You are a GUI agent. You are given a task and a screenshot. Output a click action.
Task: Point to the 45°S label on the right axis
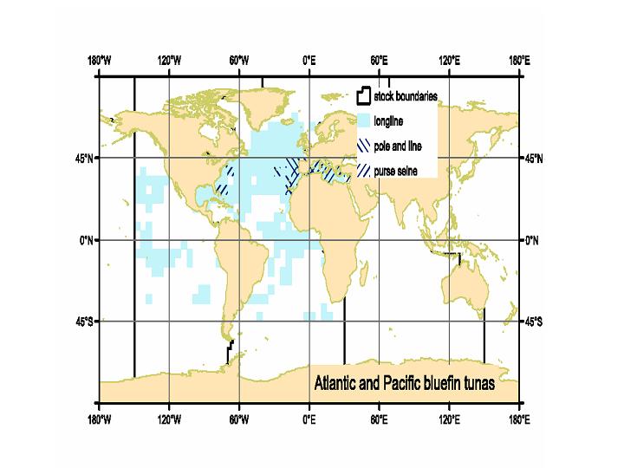tap(534, 322)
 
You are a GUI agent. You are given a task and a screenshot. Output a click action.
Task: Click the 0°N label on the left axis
tap(87, 240)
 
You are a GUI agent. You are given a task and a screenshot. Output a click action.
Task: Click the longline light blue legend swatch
tap(364, 120)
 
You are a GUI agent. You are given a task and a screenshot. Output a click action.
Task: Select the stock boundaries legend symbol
tap(364, 95)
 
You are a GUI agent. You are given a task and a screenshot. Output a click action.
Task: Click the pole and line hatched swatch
tap(364, 146)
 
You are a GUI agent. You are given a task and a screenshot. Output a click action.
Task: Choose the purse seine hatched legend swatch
tap(364, 172)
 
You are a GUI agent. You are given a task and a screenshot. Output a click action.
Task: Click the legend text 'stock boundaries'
tap(406, 95)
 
